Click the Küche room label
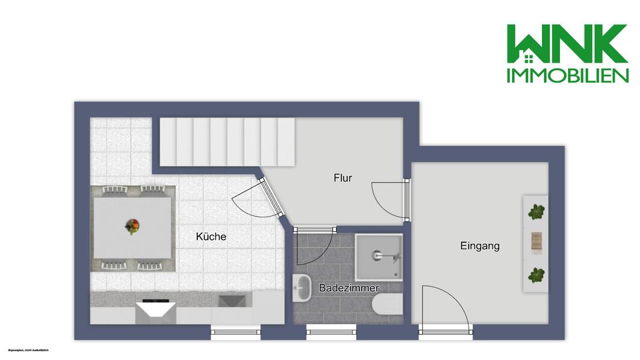tap(211, 237)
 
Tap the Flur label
tap(343, 178)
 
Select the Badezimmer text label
tap(349, 288)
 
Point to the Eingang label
tap(479, 246)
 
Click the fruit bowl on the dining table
tap(133, 227)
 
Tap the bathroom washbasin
tap(302, 287)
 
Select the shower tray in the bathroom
tap(379, 256)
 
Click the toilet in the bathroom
tap(389, 304)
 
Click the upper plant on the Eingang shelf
tap(536, 213)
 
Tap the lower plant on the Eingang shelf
tap(536, 274)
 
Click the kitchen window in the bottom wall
tap(235, 331)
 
